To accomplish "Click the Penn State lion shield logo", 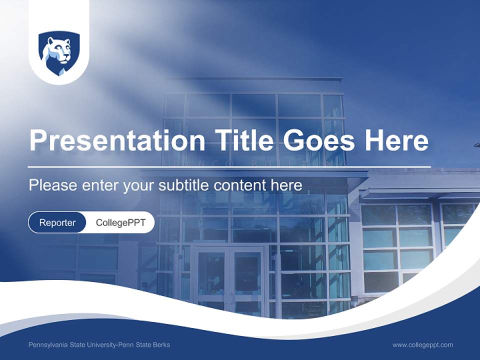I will (x=59, y=53).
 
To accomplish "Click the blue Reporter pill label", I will (x=57, y=222).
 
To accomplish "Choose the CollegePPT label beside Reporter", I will (x=120, y=222).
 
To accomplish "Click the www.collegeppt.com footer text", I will (x=422, y=344).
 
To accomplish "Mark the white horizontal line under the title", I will (x=229, y=166).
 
